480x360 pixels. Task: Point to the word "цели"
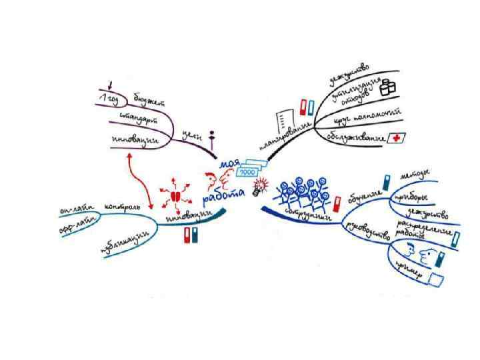pos(193,135)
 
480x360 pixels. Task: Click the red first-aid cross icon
pos(397,137)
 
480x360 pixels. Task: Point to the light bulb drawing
pos(258,189)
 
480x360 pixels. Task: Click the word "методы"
pos(414,175)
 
